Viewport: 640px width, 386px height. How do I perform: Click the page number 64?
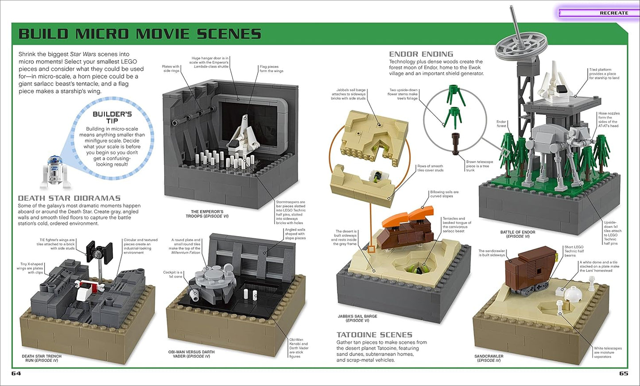[16, 373]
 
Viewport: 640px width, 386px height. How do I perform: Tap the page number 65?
[623, 373]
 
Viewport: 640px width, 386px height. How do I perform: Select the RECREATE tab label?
[613, 13]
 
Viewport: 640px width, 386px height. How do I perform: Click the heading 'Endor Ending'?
[421, 54]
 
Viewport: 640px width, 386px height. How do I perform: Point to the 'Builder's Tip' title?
[112, 117]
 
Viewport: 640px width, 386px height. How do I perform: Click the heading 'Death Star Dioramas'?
[69, 198]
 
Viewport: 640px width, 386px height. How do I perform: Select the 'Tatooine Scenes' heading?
[374, 335]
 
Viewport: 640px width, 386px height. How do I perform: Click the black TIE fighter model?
[97, 251]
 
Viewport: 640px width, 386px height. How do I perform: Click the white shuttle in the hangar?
[243, 132]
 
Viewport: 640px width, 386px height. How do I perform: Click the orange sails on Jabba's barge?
[409, 216]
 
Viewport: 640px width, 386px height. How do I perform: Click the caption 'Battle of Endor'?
[518, 232]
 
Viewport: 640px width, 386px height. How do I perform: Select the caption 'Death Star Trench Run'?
[42, 358]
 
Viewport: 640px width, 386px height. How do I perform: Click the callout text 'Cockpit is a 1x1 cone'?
[173, 274]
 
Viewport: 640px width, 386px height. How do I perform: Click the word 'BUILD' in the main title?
[43, 34]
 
